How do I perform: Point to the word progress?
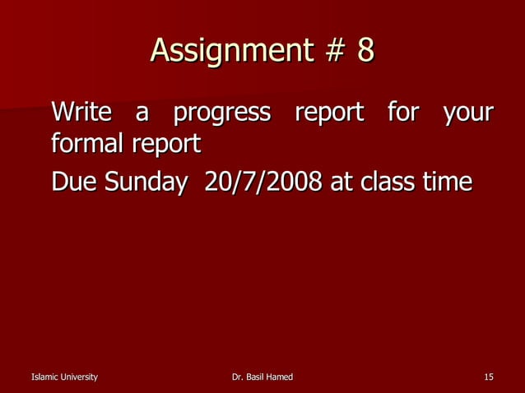tap(221, 113)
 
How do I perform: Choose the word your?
tap(467, 113)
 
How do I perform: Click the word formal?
tap(85, 145)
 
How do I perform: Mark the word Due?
tap(71, 181)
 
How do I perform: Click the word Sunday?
tap(142, 183)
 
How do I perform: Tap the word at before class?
tap(341, 182)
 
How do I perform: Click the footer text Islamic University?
tap(64, 377)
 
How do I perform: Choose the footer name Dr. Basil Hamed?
tap(263, 377)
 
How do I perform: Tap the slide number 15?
tap(489, 377)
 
